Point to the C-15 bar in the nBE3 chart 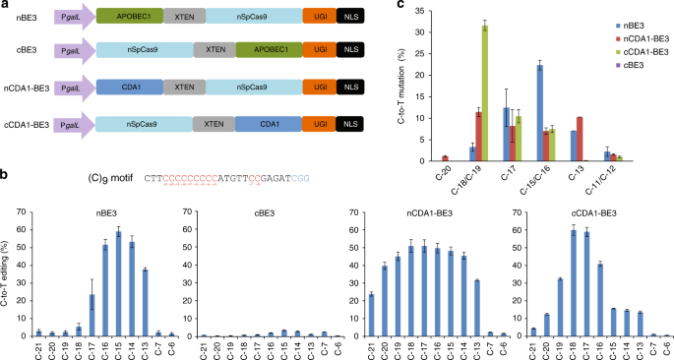tap(119, 288)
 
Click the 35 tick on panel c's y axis tap(439, 12)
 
